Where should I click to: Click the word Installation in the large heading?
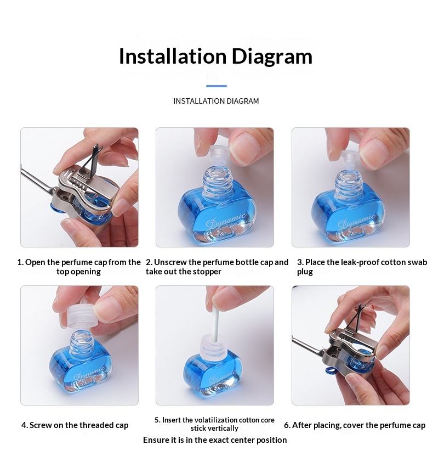(172, 56)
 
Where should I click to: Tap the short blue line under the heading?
(216, 86)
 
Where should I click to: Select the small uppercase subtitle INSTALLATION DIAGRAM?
(216, 101)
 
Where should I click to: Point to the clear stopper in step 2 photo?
(219, 155)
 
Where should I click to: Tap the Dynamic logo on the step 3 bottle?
(357, 222)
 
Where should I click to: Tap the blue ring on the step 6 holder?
(332, 370)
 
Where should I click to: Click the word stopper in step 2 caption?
(207, 272)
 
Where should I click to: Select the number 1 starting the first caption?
(20, 262)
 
